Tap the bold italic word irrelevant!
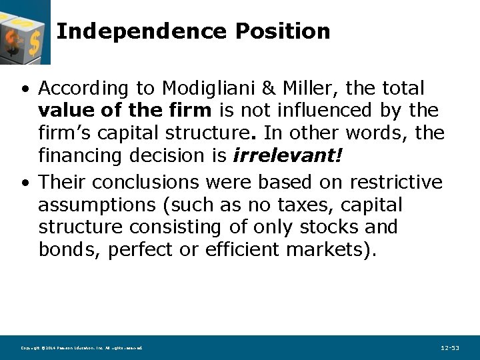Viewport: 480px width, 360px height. pyautogui.click(x=287, y=157)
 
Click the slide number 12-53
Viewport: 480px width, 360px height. pyautogui.click(x=450, y=348)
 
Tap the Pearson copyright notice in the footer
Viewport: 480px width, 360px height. pyautogui.click(x=81, y=348)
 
